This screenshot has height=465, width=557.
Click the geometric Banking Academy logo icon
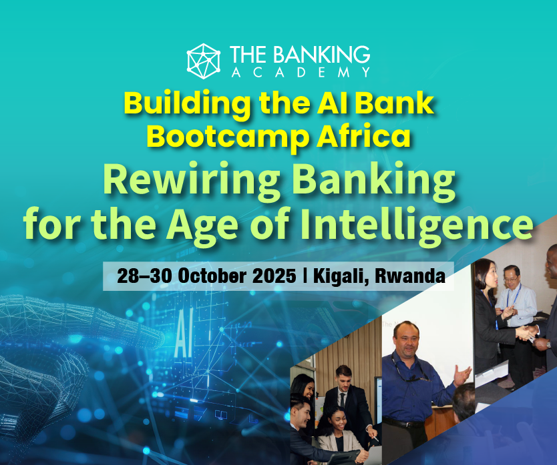pos(204,61)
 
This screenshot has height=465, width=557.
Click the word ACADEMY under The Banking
pos(301,73)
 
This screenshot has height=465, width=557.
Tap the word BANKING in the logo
pos(322,54)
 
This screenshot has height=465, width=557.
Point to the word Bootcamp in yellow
pos(228,137)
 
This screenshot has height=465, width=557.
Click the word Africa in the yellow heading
pos(364,136)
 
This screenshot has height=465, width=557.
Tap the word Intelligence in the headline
pos(417,224)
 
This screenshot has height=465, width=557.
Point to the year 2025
pos(275,276)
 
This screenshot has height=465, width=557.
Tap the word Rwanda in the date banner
pos(410,276)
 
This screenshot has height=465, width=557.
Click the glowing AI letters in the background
pos(184,334)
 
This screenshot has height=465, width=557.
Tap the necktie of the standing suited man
pos(342,400)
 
